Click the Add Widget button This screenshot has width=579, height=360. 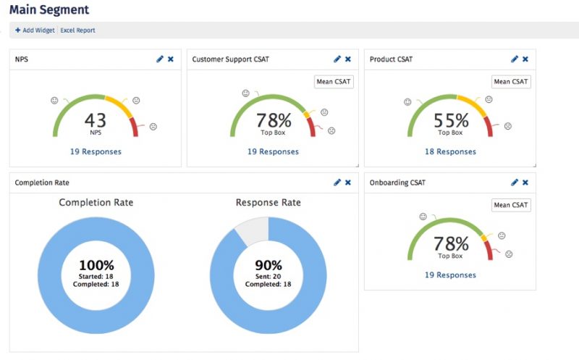tap(35, 30)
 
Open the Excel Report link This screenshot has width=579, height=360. tap(77, 30)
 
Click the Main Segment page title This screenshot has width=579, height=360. tap(49, 10)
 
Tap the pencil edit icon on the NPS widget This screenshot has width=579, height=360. tap(160, 59)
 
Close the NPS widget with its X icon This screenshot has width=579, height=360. tap(171, 59)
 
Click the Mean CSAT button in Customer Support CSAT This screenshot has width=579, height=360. tap(333, 82)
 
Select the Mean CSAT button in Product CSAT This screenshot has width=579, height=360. tap(510, 82)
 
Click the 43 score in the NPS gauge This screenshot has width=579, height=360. tap(95, 120)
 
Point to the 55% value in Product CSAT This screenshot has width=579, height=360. tap(451, 120)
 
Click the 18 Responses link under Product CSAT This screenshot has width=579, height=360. tap(450, 152)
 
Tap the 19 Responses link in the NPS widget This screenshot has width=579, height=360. tap(96, 152)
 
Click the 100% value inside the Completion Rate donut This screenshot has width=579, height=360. tap(96, 265)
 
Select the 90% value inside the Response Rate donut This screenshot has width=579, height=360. tap(268, 265)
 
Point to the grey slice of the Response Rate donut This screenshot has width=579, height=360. tap(250, 229)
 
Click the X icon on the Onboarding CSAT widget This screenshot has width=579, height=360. tap(525, 183)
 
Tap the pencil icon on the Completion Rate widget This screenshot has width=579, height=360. tap(337, 183)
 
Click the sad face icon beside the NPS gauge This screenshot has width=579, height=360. tap(153, 127)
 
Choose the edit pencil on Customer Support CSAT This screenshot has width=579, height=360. tap(337, 59)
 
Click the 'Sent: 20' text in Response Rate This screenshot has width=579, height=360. tap(268, 276)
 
